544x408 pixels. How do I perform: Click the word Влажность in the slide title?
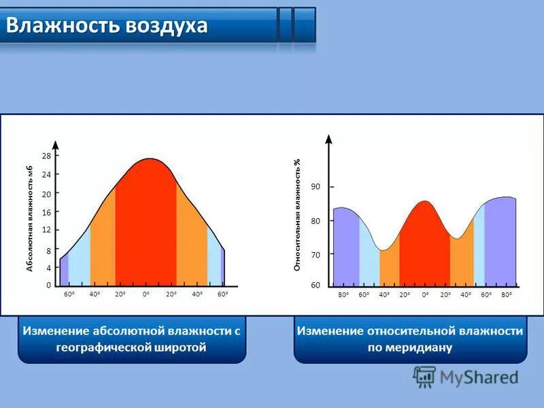[x=63, y=25]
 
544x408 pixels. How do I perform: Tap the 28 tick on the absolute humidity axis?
[x=47, y=156]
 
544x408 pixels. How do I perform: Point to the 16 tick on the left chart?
[x=47, y=212]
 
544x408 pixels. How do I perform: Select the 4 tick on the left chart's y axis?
[x=48, y=268]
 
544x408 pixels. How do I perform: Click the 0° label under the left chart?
[x=146, y=294]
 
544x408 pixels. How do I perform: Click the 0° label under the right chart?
[x=425, y=294]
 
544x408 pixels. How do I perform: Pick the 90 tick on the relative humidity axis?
[x=316, y=186]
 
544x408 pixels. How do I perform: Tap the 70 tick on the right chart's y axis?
[x=316, y=254]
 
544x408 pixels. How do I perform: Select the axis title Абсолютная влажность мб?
[x=29, y=219]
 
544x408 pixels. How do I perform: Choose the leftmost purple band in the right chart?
[x=346, y=248]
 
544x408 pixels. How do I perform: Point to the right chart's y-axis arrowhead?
[x=329, y=139]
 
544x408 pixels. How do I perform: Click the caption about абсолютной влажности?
[x=132, y=339]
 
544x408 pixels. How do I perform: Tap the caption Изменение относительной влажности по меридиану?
[x=410, y=339]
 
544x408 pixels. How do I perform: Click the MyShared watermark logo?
[x=465, y=376]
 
